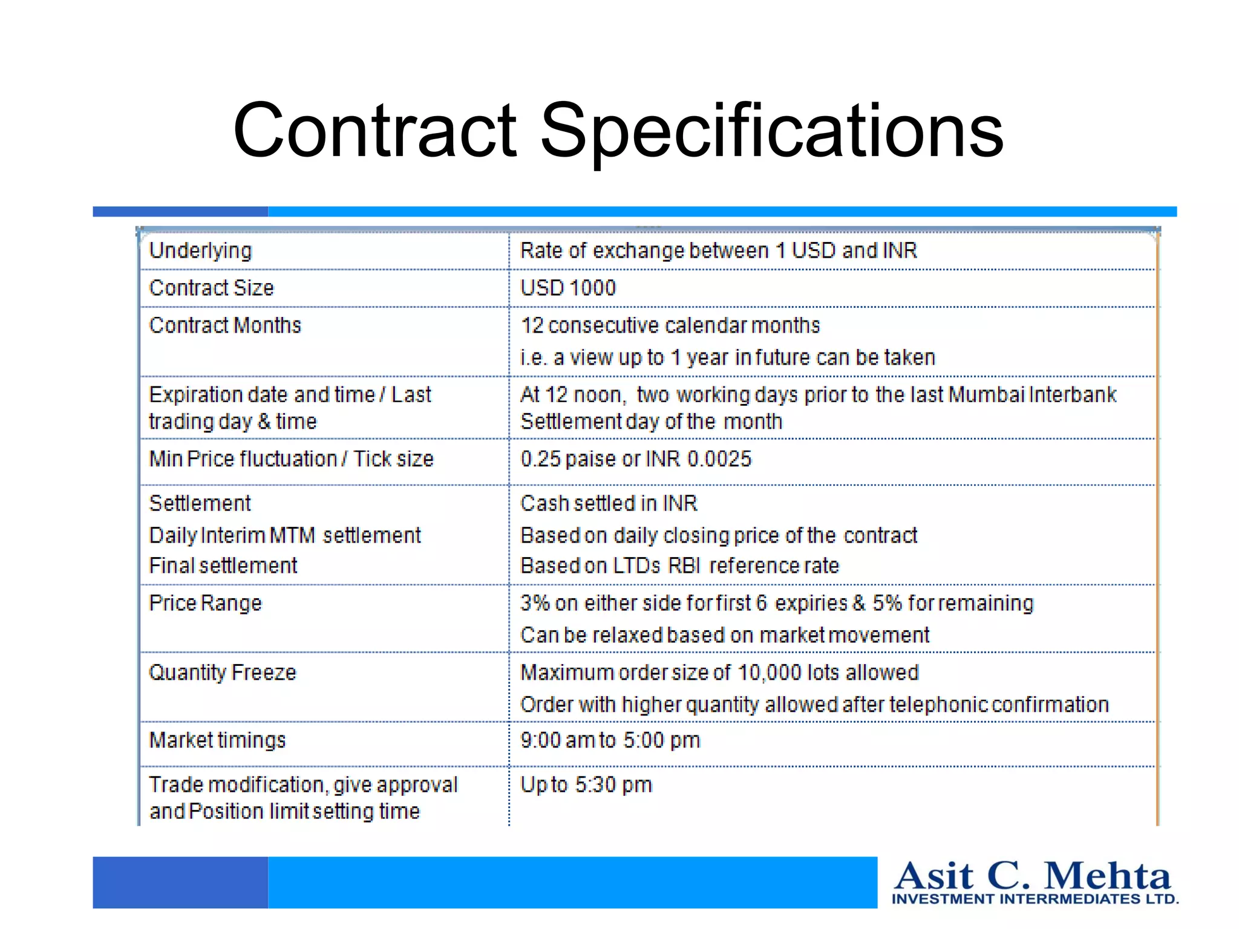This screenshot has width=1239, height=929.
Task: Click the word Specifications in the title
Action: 771,131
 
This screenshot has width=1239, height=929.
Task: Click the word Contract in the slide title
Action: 375,131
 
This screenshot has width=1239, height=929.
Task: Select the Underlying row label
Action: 200,250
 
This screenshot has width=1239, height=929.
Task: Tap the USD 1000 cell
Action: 568,288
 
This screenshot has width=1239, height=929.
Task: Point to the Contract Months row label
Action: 225,325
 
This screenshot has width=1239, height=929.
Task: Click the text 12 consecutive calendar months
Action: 670,325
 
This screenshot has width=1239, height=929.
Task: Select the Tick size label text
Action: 393,459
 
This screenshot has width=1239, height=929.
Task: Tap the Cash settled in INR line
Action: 609,503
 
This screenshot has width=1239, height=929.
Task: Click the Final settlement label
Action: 223,566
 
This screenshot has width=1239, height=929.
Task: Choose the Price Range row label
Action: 206,603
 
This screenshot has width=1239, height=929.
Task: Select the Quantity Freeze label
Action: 223,673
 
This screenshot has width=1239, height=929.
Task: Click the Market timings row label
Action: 217,740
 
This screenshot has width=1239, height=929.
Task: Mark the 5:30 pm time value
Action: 613,784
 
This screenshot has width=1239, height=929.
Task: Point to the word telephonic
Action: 938,705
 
